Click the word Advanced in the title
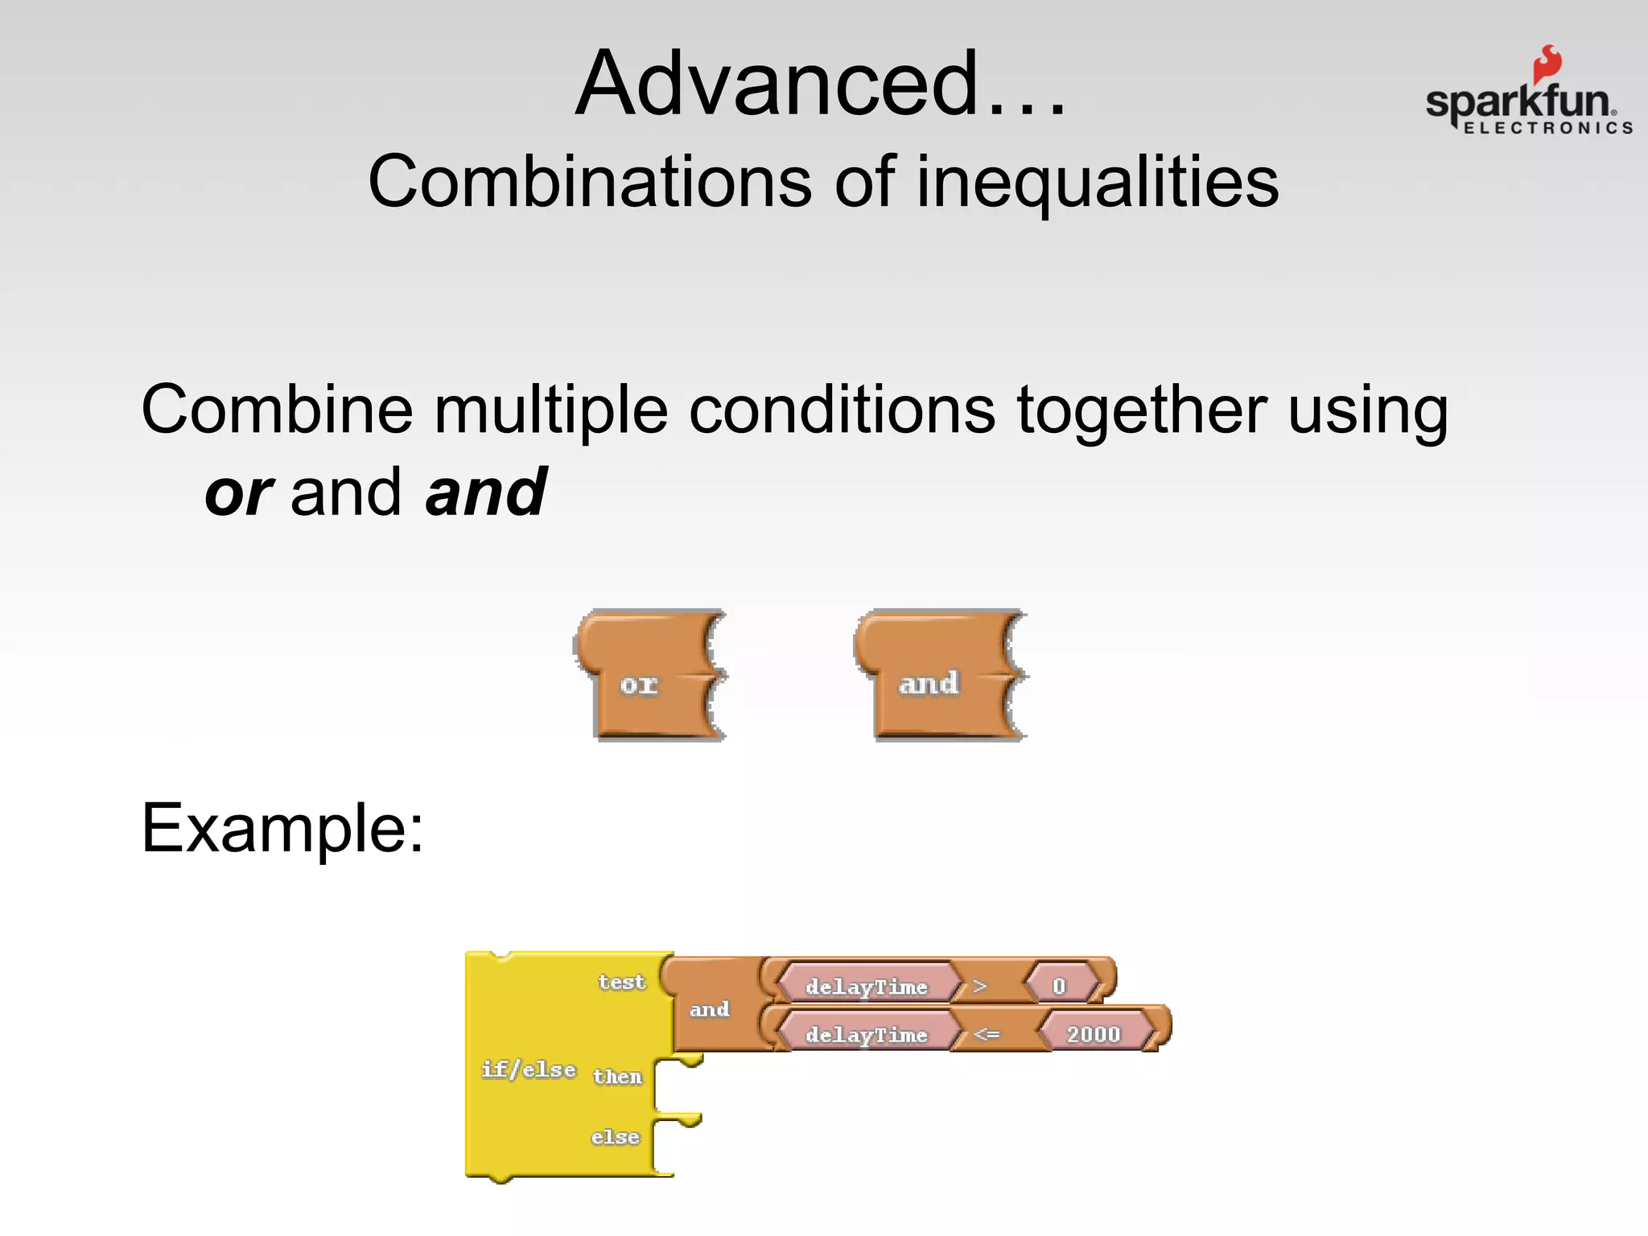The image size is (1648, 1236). click(777, 84)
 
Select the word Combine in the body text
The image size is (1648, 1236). click(277, 410)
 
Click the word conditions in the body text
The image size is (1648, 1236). click(842, 410)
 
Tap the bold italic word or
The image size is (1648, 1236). click(239, 492)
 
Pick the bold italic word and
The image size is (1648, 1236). click(486, 492)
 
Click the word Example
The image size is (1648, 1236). click(282, 829)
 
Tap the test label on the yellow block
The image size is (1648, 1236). click(621, 983)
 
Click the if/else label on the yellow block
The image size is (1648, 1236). click(529, 1069)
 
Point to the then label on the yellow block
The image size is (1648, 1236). click(617, 1077)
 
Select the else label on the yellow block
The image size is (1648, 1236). click(615, 1137)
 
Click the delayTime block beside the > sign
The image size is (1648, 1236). click(867, 987)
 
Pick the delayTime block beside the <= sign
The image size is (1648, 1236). click(867, 1035)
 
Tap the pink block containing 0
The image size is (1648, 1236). click(1060, 987)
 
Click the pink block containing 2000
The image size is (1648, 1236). click(1094, 1034)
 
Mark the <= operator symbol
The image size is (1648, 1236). click(987, 1035)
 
